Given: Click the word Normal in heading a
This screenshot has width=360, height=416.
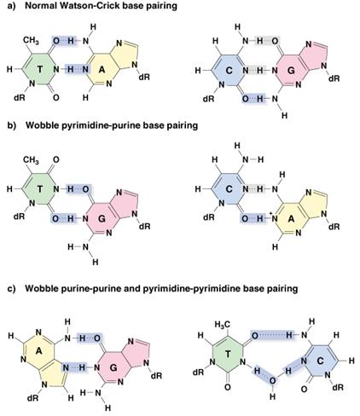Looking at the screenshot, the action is tap(40, 6).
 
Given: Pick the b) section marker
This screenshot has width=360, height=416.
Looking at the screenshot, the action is tap(12, 125).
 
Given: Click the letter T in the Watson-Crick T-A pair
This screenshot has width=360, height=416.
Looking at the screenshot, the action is tap(40, 69).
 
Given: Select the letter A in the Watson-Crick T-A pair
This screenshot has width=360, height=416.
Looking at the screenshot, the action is tap(102, 69).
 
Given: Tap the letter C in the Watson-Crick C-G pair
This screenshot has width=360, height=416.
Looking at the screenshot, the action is tap(229, 70).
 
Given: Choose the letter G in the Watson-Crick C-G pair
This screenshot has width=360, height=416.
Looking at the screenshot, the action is tap(291, 70).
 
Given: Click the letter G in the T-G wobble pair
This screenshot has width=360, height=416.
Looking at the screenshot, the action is tap(102, 219).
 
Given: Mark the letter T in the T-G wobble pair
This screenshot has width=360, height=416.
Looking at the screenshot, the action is tap(40, 189).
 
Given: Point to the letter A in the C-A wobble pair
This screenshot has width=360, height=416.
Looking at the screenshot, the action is tap(291, 219).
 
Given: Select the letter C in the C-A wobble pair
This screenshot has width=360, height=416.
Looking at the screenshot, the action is tap(229, 189).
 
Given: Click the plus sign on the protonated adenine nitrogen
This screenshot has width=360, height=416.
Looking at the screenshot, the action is tap(271, 214).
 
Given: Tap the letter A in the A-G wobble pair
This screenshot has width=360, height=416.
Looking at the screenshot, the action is tap(39, 351).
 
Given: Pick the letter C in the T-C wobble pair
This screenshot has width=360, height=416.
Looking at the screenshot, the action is tap(320, 361).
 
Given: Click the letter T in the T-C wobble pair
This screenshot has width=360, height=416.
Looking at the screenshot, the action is tap(228, 354).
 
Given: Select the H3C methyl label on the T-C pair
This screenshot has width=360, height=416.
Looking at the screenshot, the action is tap(223, 324).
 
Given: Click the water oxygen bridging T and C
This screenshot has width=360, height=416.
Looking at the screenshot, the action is tap(272, 380).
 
